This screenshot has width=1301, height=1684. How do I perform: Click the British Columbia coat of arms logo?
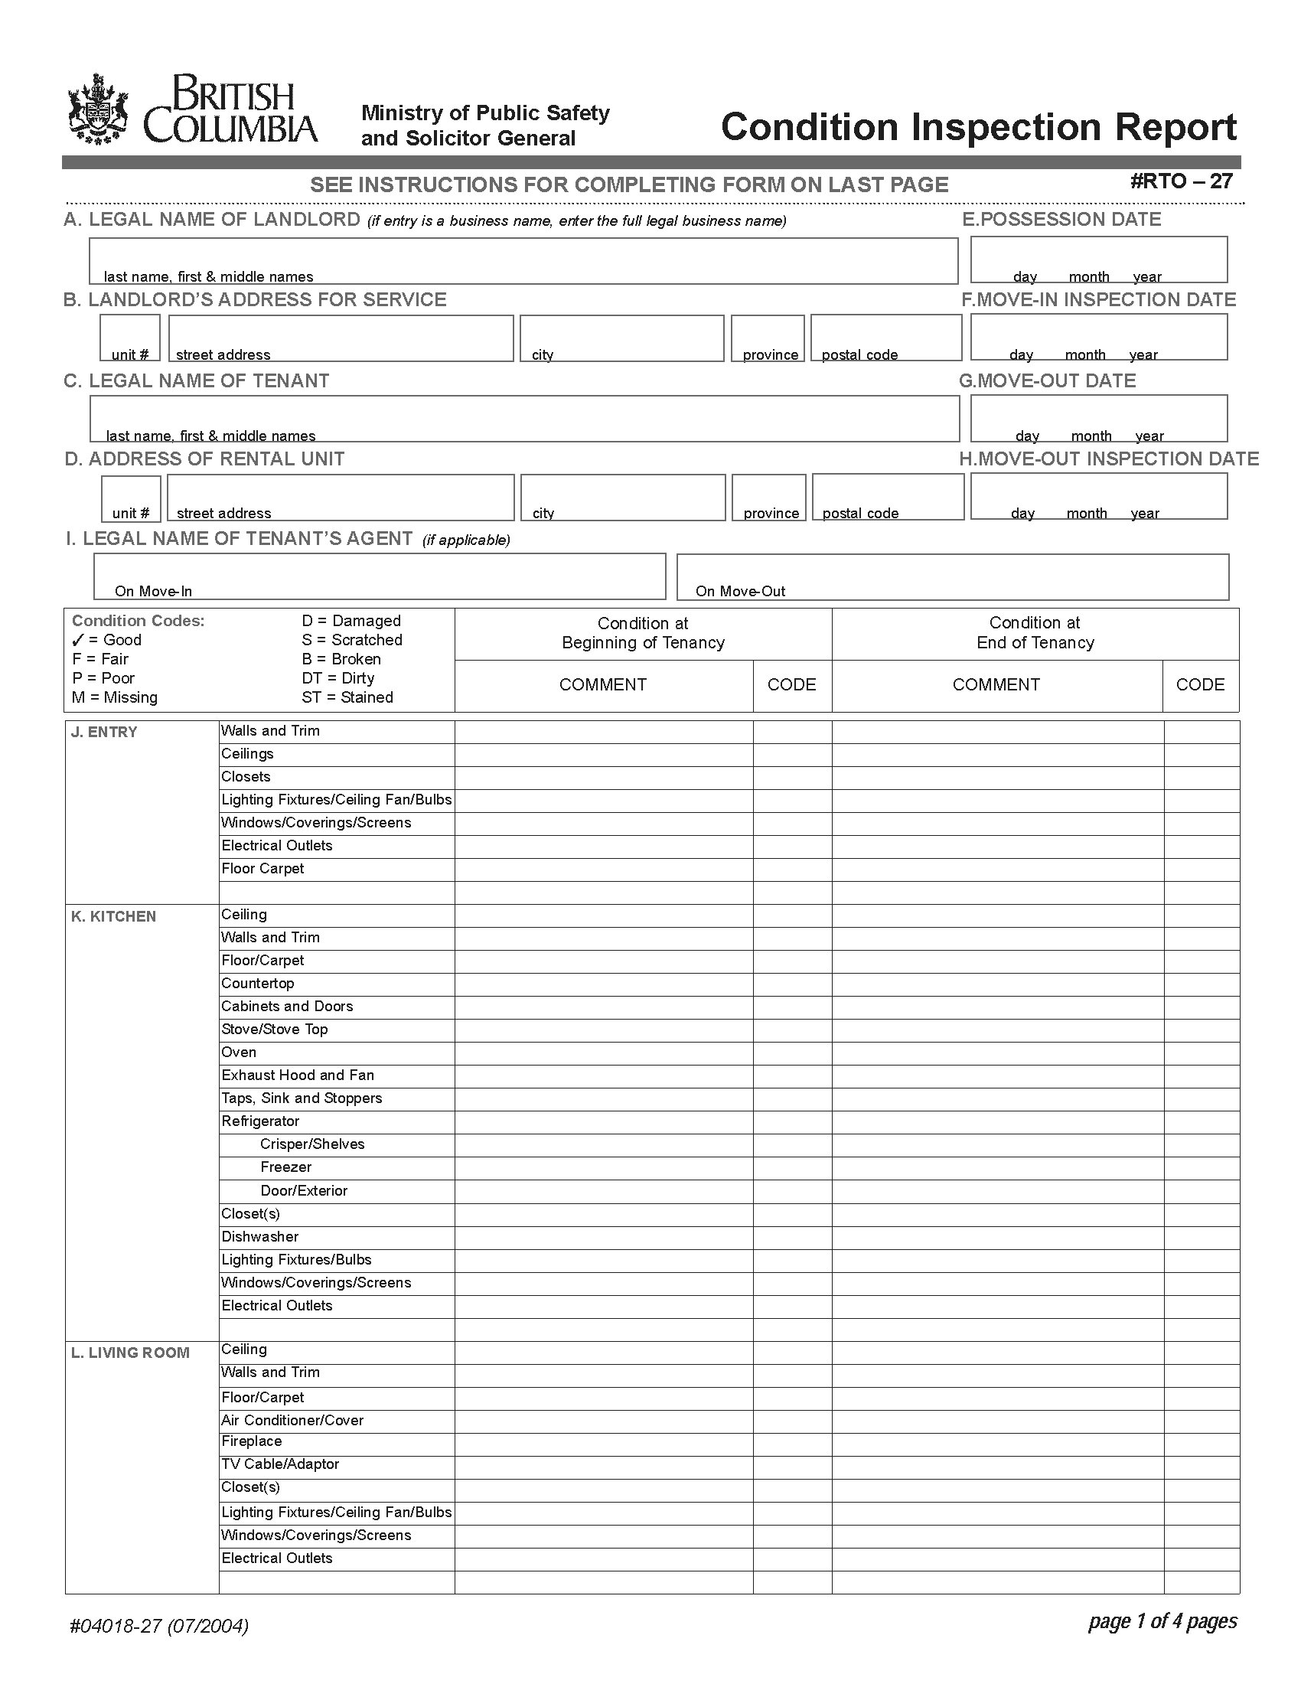pyautogui.click(x=98, y=109)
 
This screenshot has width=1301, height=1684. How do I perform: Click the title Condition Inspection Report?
pyautogui.click(x=978, y=127)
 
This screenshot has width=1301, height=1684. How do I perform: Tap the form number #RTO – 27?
pyautogui.click(x=1181, y=181)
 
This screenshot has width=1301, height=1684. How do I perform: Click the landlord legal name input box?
pyautogui.click(x=523, y=259)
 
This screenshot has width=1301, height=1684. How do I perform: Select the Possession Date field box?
pyautogui.click(x=1097, y=259)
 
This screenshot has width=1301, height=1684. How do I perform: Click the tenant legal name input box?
pyautogui.click(x=524, y=418)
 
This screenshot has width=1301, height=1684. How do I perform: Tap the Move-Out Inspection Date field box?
pyautogui.click(x=1097, y=496)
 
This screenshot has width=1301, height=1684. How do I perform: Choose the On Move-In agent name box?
pyautogui.click(x=379, y=576)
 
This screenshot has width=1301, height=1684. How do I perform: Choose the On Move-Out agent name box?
pyautogui.click(x=952, y=576)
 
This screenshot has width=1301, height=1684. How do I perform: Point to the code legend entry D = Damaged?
pyautogui.click(x=351, y=621)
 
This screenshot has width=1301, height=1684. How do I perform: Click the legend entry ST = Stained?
pyautogui.click(x=347, y=697)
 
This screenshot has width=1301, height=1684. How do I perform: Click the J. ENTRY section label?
pyautogui.click(x=104, y=732)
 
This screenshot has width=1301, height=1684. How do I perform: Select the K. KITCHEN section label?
pyautogui.click(x=113, y=916)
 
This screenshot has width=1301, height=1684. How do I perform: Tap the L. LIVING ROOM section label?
pyautogui.click(x=130, y=1353)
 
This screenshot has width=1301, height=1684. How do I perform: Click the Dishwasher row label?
pyautogui.click(x=259, y=1237)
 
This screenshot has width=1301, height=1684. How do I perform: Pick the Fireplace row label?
pyautogui.click(x=251, y=1441)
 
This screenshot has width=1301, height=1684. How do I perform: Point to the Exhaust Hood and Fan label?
pyautogui.click(x=298, y=1075)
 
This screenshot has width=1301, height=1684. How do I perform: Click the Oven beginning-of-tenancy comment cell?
pyautogui.click(x=604, y=1052)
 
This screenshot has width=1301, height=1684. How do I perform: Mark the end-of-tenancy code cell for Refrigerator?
pyautogui.click(x=1201, y=1121)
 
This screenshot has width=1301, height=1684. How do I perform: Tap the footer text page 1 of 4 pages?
pyautogui.click(x=1162, y=1621)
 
